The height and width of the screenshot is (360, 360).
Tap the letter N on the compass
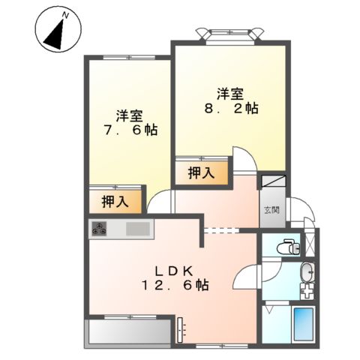tap(65, 15)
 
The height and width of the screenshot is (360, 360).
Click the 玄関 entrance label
tap(270, 210)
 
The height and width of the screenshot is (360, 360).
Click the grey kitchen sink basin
tap(138, 229)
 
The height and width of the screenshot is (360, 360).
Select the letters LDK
tap(175, 271)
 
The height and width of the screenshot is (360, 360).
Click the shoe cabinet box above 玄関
tap(271, 181)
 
